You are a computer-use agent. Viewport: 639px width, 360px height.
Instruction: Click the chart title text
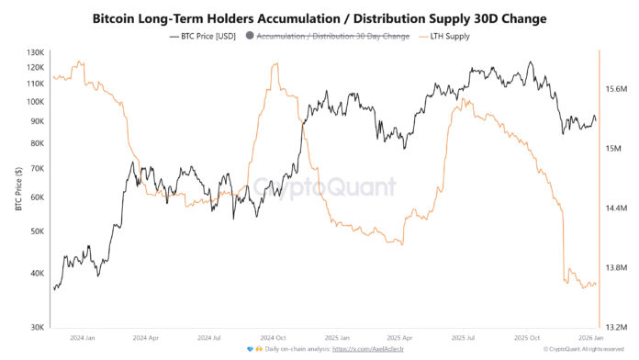(319, 17)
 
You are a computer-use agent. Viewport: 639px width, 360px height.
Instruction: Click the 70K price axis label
(38, 168)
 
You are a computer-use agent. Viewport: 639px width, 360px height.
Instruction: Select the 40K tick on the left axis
(38, 273)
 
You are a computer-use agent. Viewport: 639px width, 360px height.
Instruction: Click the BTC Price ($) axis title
(18, 188)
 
